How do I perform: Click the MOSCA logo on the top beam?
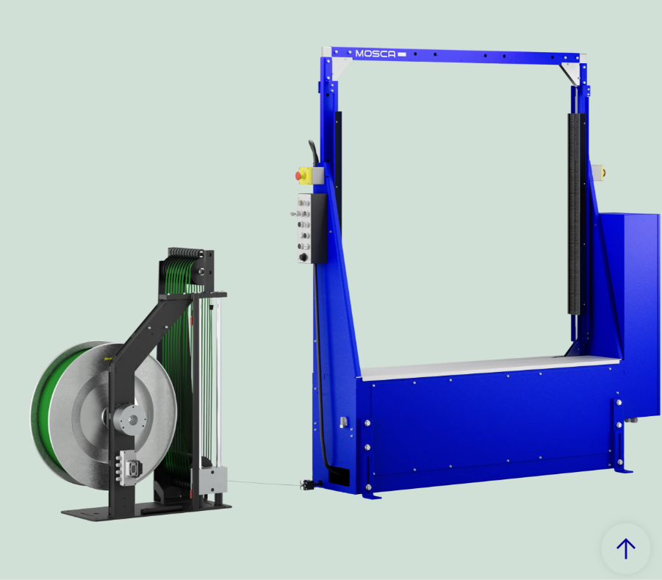pyautogui.click(x=375, y=54)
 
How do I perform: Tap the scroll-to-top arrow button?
pyautogui.click(x=626, y=548)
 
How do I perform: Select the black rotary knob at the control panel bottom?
pyautogui.click(x=303, y=257)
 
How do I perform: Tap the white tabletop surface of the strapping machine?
pyautogui.click(x=490, y=367)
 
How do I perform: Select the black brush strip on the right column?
pyautogui.click(x=574, y=214)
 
